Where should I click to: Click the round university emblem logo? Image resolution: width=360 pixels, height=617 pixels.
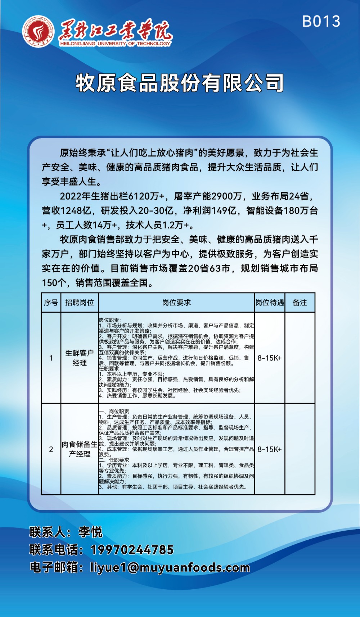38,32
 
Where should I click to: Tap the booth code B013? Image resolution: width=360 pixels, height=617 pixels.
321,22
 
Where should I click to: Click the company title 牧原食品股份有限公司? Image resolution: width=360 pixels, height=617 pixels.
180,83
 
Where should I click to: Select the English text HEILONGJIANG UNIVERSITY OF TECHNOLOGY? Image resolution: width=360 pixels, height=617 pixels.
115,44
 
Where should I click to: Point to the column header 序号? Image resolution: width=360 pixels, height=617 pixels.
51,303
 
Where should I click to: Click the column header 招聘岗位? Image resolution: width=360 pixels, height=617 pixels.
80,303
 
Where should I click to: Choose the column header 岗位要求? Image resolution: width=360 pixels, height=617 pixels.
176,303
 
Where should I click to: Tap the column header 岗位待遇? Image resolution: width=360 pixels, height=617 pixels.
270,303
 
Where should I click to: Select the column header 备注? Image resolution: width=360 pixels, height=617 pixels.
300,303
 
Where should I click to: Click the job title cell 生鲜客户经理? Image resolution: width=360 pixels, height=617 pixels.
80,358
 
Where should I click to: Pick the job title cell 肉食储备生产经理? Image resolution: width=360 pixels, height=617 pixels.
80,449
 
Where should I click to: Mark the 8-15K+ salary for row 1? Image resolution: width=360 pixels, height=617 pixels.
270,358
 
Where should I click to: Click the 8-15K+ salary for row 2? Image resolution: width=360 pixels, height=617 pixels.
270,449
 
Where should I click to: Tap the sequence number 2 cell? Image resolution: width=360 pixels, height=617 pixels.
51,449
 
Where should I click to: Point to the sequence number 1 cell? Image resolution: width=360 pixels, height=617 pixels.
51,358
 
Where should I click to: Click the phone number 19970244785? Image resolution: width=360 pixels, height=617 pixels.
132,550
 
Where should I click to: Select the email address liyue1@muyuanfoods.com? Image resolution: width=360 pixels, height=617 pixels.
170,567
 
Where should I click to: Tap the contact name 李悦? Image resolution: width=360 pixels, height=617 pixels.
90,532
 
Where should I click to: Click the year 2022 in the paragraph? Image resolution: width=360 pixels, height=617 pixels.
71,196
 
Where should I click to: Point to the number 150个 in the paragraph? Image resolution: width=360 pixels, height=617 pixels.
54,283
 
